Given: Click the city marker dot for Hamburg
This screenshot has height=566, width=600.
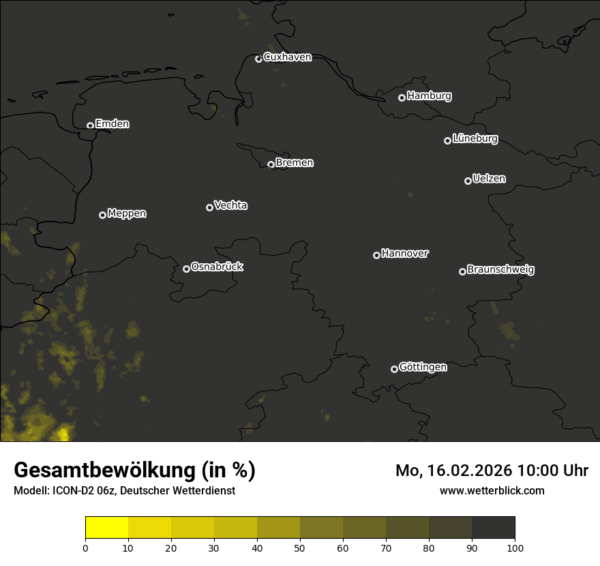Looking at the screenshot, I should pyautogui.click(x=402, y=98).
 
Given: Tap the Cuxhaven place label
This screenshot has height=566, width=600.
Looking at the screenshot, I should pyautogui.click(x=287, y=57).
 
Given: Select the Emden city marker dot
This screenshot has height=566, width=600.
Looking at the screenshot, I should pyautogui.click(x=90, y=125).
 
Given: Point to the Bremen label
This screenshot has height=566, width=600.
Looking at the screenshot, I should pyautogui.click(x=295, y=163).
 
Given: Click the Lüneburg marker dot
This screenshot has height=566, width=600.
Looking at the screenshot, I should pyautogui.click(x=447, y=140).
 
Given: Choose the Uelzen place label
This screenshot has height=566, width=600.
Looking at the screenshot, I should pyautogui.click(x=489, y=179).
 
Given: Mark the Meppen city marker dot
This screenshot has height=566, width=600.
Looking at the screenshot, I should pyautogui.click(x=102, y=215).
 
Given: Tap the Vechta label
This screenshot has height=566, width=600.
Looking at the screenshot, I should pyautogui.click(x=230, y=205).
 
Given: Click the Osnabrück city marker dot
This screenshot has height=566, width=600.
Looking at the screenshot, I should pyautogui.click(x=186, y=269).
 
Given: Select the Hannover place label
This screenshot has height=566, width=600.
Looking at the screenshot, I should pyautogui.click(x=405, y=254).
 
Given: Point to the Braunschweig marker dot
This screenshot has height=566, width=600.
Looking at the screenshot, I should pyautogui.click(x=462, y=271).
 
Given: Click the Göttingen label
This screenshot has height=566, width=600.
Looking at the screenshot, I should pyautogui.click(x=423, y=368).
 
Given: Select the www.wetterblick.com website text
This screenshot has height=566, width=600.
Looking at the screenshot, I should pyautogui.click(x=492, y=490).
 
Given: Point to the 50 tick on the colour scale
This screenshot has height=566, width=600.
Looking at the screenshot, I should pyautogui.click(x=300, y=547).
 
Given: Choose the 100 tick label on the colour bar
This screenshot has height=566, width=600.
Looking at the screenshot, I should pyautogui.click(x=515, y=547).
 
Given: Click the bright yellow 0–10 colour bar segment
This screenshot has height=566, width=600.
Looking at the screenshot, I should pyautogui.click(x=107, y=528).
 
